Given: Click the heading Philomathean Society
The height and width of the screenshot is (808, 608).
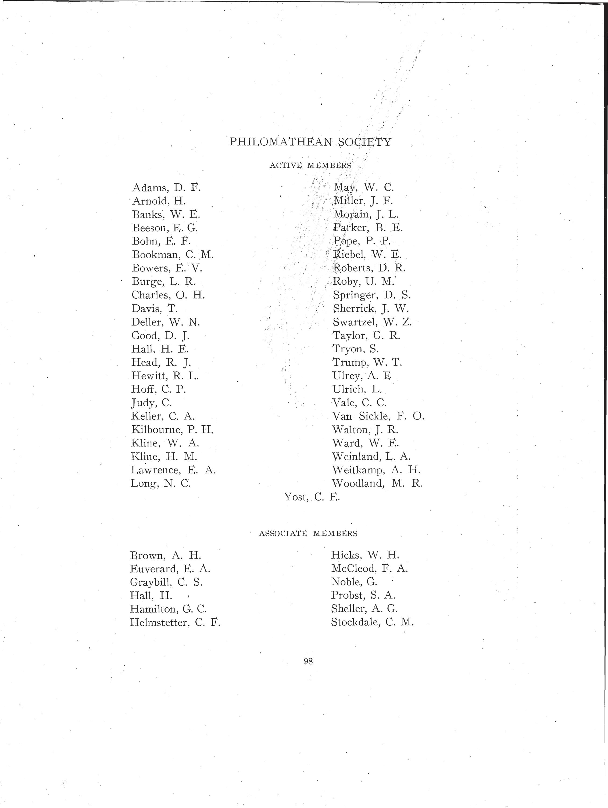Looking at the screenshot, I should point(310,142).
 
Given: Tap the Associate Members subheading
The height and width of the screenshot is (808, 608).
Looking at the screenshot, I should point(308,533).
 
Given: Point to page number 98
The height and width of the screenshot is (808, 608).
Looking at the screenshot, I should point(308,661).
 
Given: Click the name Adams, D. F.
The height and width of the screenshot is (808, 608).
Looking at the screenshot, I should point(166,188).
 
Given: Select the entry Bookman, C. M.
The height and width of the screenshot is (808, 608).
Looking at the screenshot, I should point(173,255).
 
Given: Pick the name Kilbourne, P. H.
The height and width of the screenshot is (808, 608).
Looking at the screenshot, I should point(172,430).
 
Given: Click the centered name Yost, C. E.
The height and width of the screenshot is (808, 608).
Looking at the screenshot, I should point(312,497).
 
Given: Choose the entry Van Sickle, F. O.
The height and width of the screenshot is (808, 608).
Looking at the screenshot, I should point(378,416).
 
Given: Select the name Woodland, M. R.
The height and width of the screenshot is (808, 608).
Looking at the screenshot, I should point(377,484).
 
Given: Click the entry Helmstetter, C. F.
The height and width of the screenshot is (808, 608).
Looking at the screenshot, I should point(175,622).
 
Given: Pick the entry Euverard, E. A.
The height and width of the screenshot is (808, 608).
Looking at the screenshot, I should point(170,569).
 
